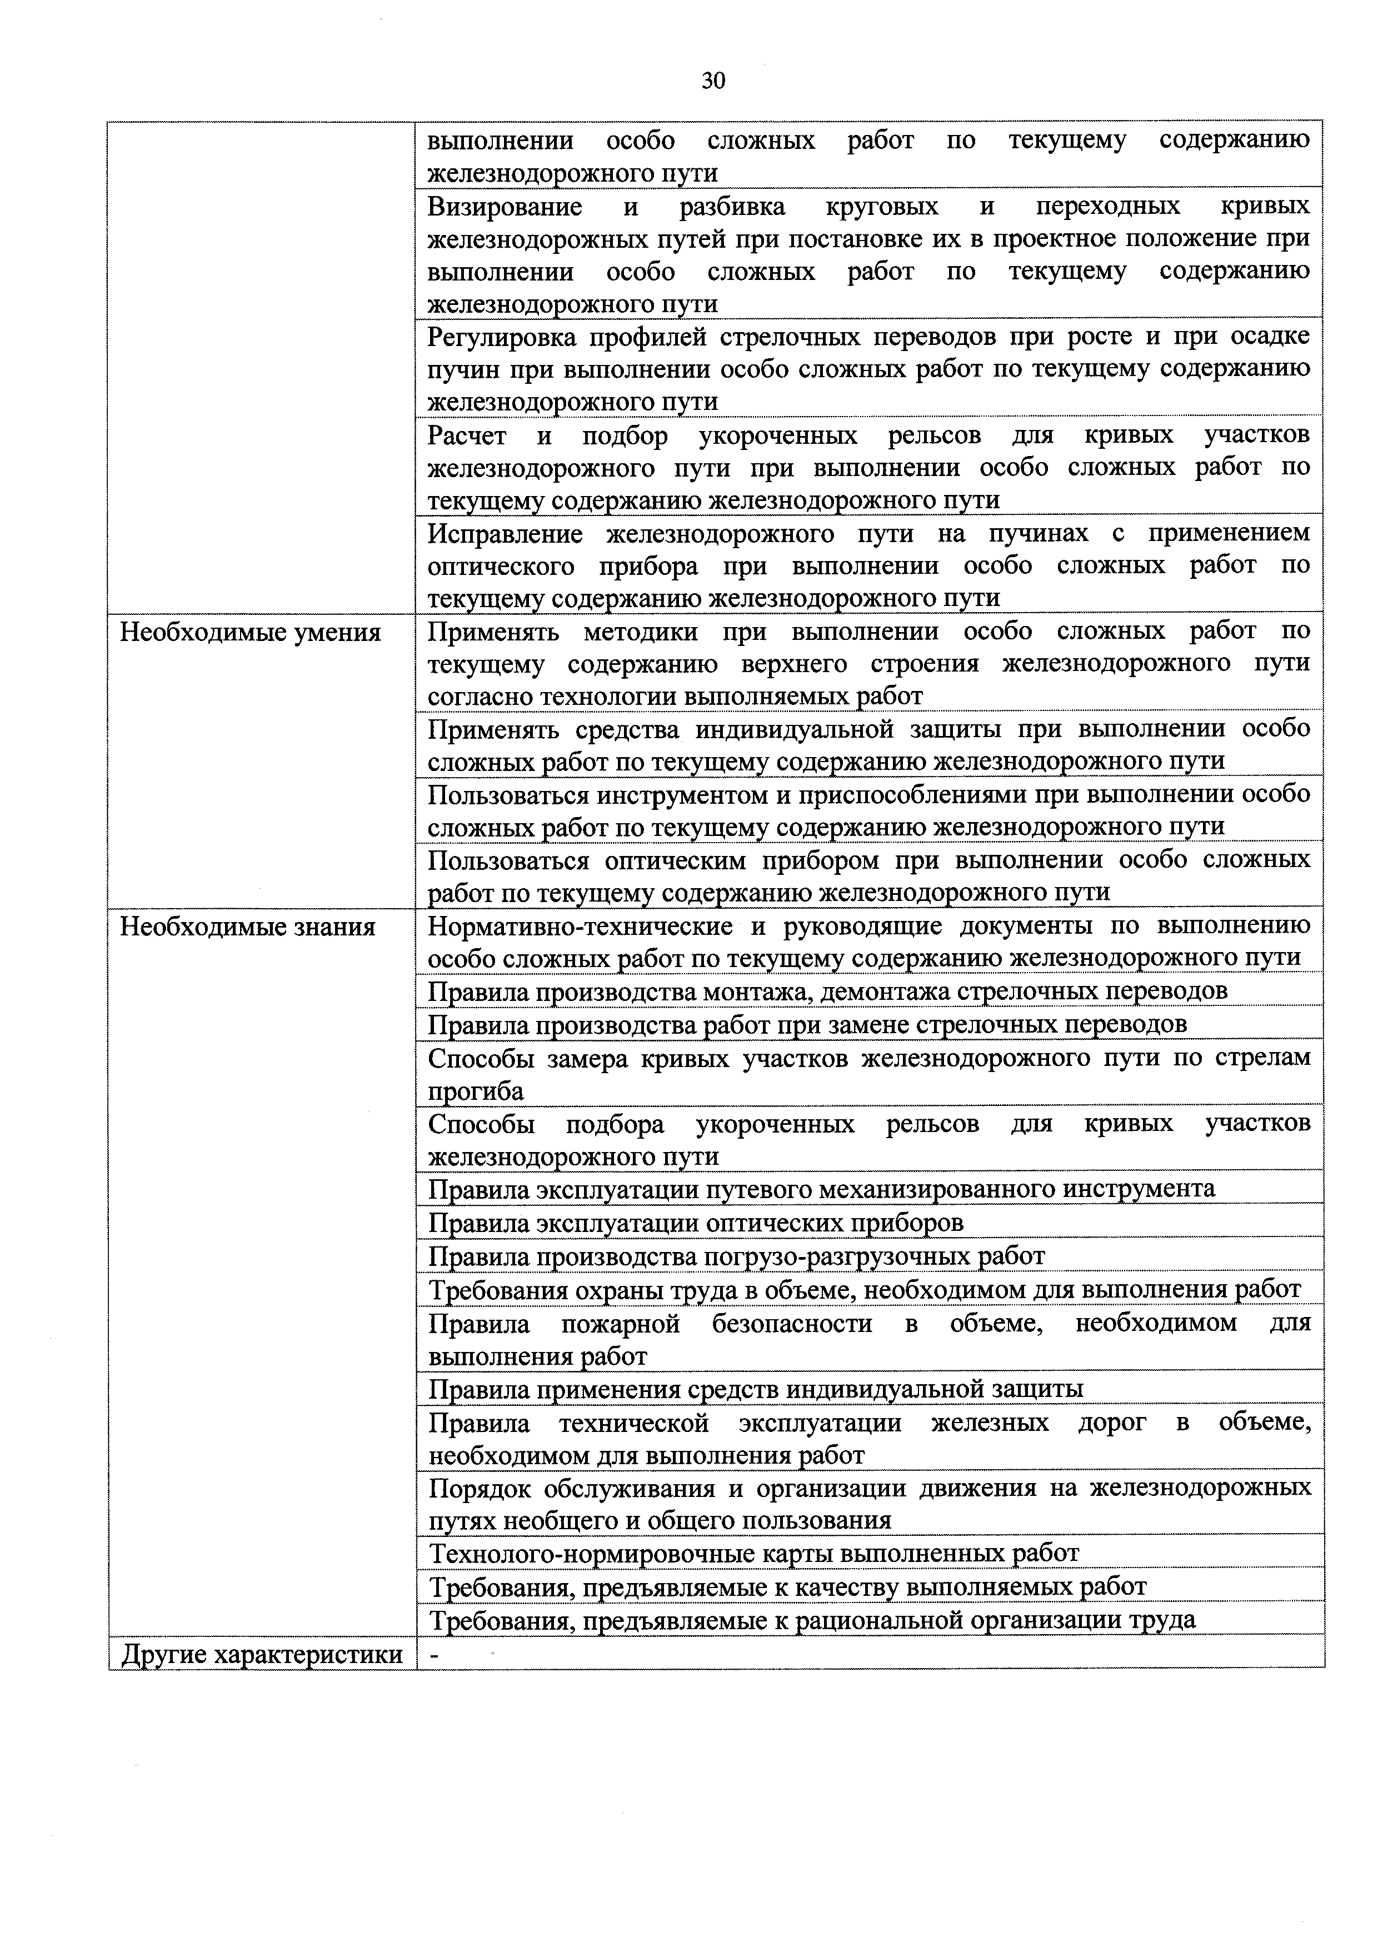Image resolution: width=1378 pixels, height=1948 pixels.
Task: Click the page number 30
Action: [713, 82]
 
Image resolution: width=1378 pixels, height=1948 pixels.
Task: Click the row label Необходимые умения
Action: [250, 633]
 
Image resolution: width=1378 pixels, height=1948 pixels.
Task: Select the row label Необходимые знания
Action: [248, 927]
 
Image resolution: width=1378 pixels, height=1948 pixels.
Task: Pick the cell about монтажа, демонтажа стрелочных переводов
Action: [827, 991]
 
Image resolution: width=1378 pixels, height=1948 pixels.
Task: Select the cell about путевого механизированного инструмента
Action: [821, 1189]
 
